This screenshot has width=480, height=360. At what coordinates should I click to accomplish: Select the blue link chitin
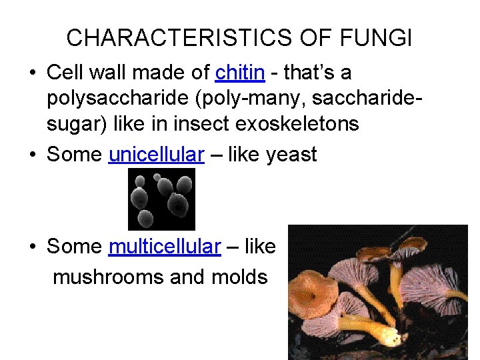pos(241,71)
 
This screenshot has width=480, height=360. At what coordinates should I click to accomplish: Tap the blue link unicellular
pos(155,154)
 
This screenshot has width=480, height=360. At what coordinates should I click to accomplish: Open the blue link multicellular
pos(164,246)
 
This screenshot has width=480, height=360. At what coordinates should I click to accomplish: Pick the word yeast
pos(291,155)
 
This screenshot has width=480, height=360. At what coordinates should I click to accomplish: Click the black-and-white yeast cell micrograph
pos(161,198)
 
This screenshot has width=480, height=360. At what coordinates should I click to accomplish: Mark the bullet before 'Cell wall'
pos(33,72)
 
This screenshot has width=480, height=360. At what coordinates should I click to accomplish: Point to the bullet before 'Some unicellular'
pos(33,155)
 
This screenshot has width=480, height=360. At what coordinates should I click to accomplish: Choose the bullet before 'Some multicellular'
pos(33,247)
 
